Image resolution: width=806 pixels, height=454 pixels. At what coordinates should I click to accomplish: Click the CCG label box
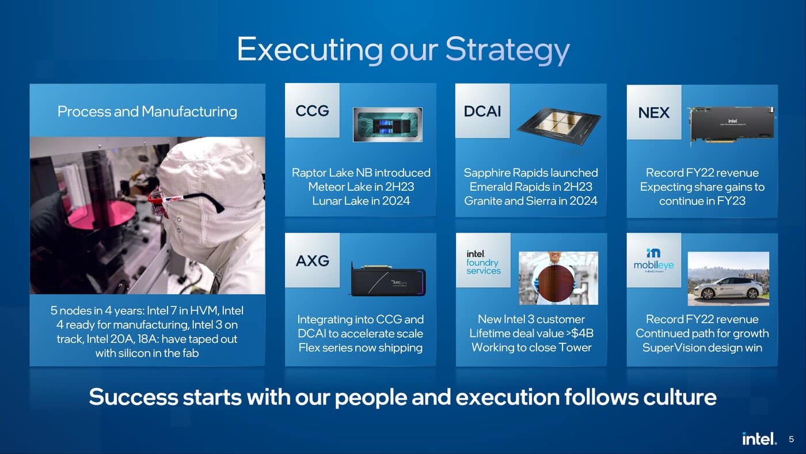[312, 111]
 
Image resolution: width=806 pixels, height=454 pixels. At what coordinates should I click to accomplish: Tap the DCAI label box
[482, 111]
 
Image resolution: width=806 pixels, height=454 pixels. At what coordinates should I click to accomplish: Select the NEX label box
[653, 112]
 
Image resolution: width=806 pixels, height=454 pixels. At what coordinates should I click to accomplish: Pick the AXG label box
[312, 260]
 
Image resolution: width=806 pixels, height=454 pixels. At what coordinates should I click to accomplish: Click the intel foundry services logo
[483, 262]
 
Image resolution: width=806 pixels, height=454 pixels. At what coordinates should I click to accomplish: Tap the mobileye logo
[653, 260]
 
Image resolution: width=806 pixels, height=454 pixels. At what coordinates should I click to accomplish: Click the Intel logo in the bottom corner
[759, 438]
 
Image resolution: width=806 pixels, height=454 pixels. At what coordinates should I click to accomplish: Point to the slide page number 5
[791, 439]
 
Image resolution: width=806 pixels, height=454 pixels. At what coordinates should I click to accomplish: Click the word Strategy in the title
[507, 50]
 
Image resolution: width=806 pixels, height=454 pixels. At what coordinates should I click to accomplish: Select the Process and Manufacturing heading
[147, 111]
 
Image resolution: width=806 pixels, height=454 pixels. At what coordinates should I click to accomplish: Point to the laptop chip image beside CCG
[387, 124]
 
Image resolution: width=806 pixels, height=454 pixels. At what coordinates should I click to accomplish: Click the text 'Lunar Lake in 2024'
[361, 200]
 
